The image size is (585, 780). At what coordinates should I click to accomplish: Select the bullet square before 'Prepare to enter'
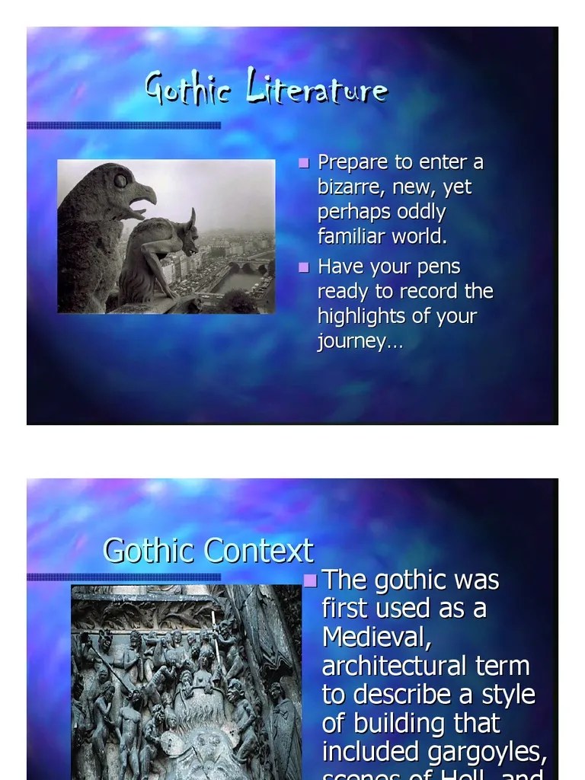click(305, 163)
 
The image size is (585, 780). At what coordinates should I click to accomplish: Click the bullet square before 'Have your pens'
click(305, 267)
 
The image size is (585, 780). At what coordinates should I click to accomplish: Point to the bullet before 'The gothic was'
click(310, 581)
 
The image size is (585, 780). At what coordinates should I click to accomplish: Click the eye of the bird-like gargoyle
click(120, 181)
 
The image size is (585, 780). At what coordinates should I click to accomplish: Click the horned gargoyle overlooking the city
click(161, 255)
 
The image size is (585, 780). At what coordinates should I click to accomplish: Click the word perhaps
click(350, 212)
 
